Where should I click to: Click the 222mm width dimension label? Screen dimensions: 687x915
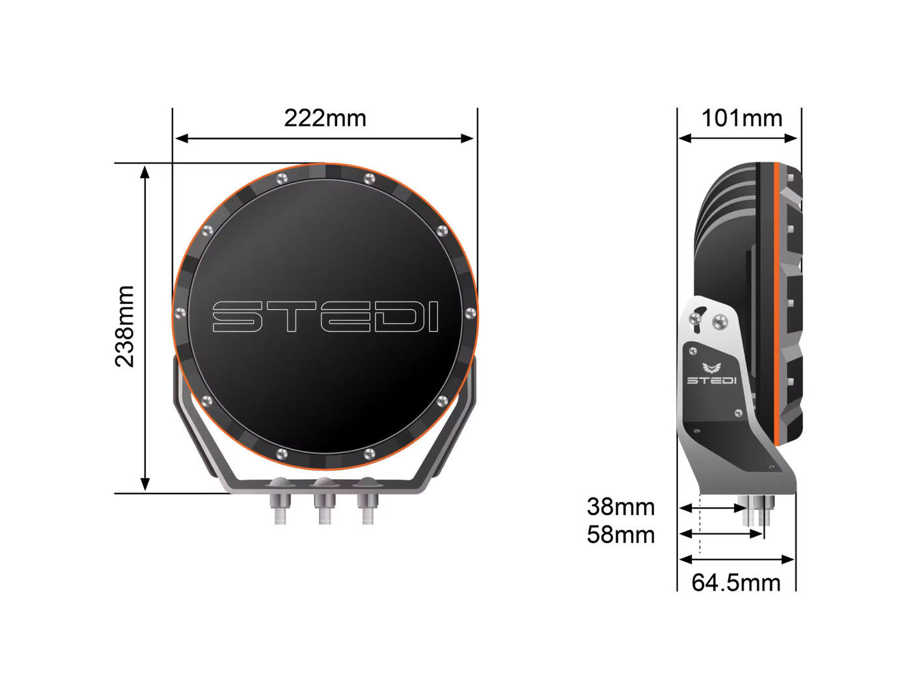pos(325,118)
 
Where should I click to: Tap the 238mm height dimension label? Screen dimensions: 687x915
pos(124,326)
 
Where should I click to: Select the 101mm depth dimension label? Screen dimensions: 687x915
pos(741,119)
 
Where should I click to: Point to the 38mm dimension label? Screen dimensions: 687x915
pos(620,507)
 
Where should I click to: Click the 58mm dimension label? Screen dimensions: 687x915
pos(620,535)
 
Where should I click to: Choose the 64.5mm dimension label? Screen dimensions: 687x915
pos(735,582)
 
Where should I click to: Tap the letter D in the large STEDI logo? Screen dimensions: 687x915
pos(383,316)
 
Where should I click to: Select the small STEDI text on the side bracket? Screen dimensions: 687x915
pos(711,380)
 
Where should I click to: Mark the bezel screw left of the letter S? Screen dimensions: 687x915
pos(180,315)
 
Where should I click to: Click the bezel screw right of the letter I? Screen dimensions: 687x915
pos(470,315)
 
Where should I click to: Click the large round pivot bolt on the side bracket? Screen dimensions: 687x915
pos(720,320)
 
